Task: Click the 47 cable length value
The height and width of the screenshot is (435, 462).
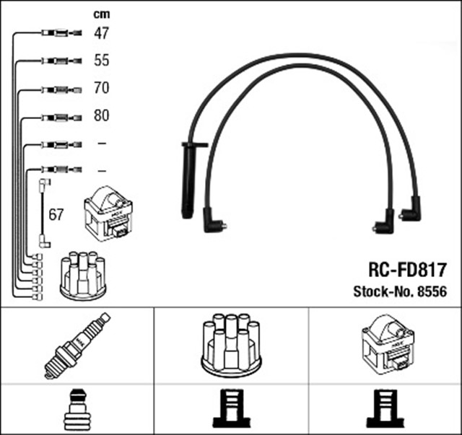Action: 102,32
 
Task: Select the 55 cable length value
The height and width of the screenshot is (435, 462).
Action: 102,61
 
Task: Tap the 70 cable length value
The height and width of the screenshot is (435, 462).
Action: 102,89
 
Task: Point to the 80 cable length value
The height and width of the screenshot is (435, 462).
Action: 102,116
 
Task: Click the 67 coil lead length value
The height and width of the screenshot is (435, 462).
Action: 56,215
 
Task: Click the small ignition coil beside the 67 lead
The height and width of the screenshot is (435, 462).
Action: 108,214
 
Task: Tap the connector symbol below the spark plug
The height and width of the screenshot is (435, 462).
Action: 77,410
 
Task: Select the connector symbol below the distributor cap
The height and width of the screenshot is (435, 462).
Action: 230,410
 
